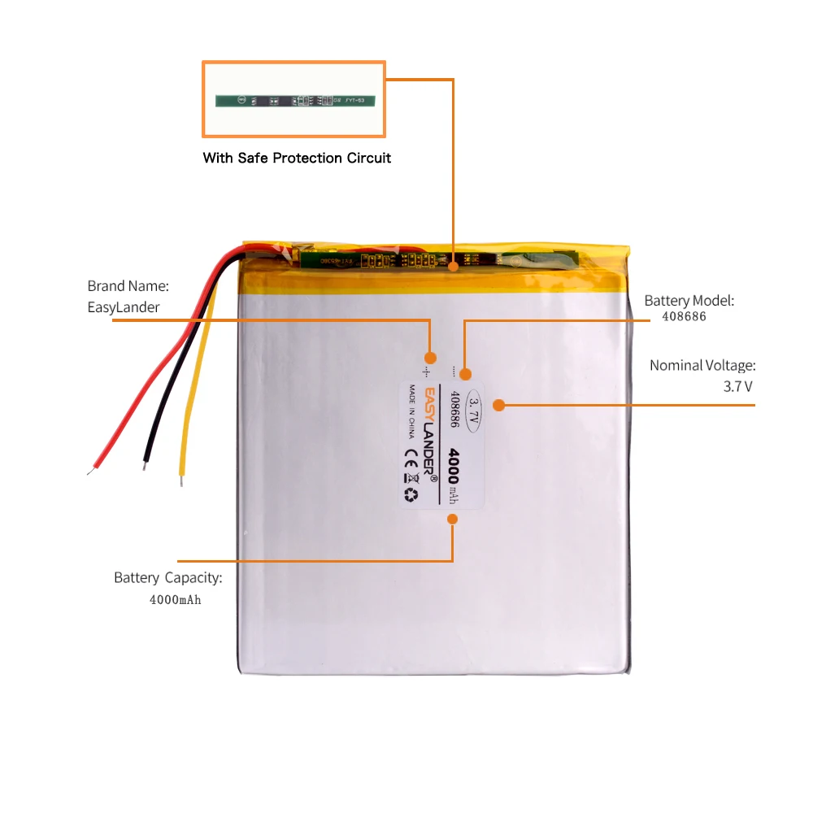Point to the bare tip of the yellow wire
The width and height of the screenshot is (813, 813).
pos(181,481)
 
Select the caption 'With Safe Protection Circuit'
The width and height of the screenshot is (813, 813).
pos(297,158)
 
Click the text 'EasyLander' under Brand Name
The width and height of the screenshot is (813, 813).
pos(124,307)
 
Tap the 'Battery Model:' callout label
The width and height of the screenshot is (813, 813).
pos(689,301)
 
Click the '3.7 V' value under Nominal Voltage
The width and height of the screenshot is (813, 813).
pos(737,386)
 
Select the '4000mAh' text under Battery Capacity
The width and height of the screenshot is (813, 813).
pos(175,600)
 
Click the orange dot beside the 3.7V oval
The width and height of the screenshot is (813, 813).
pos(499,404)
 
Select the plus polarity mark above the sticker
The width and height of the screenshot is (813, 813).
pos(428,357)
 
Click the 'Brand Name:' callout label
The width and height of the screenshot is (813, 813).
pos(128,286)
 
